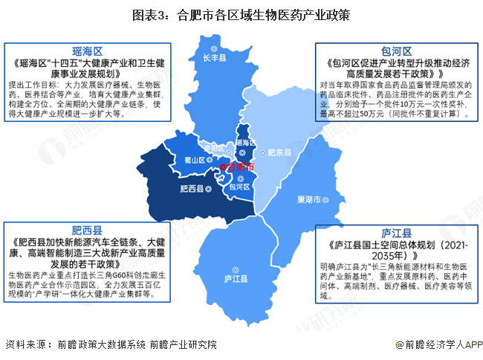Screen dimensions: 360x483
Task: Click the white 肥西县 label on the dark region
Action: point(191,188)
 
